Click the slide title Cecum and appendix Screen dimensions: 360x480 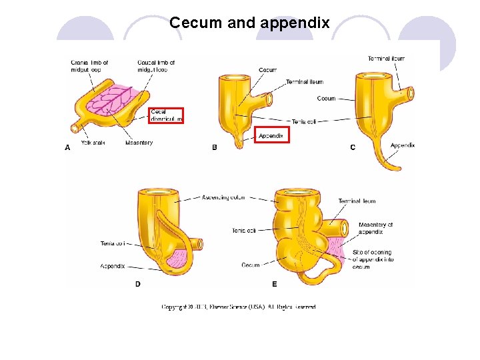point(249,23)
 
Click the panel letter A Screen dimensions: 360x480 point(67,148)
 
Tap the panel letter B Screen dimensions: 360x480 point(214,147)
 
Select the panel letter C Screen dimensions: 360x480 point(353,147)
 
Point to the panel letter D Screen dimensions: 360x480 point(137,284)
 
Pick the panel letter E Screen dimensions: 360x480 point(275,284)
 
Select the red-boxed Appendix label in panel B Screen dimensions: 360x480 point(271,135)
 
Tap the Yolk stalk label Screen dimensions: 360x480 point(93,143)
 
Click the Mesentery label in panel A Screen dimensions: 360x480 point(139,143)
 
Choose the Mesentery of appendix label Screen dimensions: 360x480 point(375,228)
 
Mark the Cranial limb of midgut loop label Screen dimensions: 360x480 point(89,66)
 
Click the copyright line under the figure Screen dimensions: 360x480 point(239,307)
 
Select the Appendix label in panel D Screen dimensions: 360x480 point(112,266)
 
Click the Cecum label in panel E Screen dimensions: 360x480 point(251,265)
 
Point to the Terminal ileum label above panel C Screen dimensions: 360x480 point(386,59)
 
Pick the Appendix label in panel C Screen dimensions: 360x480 point(403,145)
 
